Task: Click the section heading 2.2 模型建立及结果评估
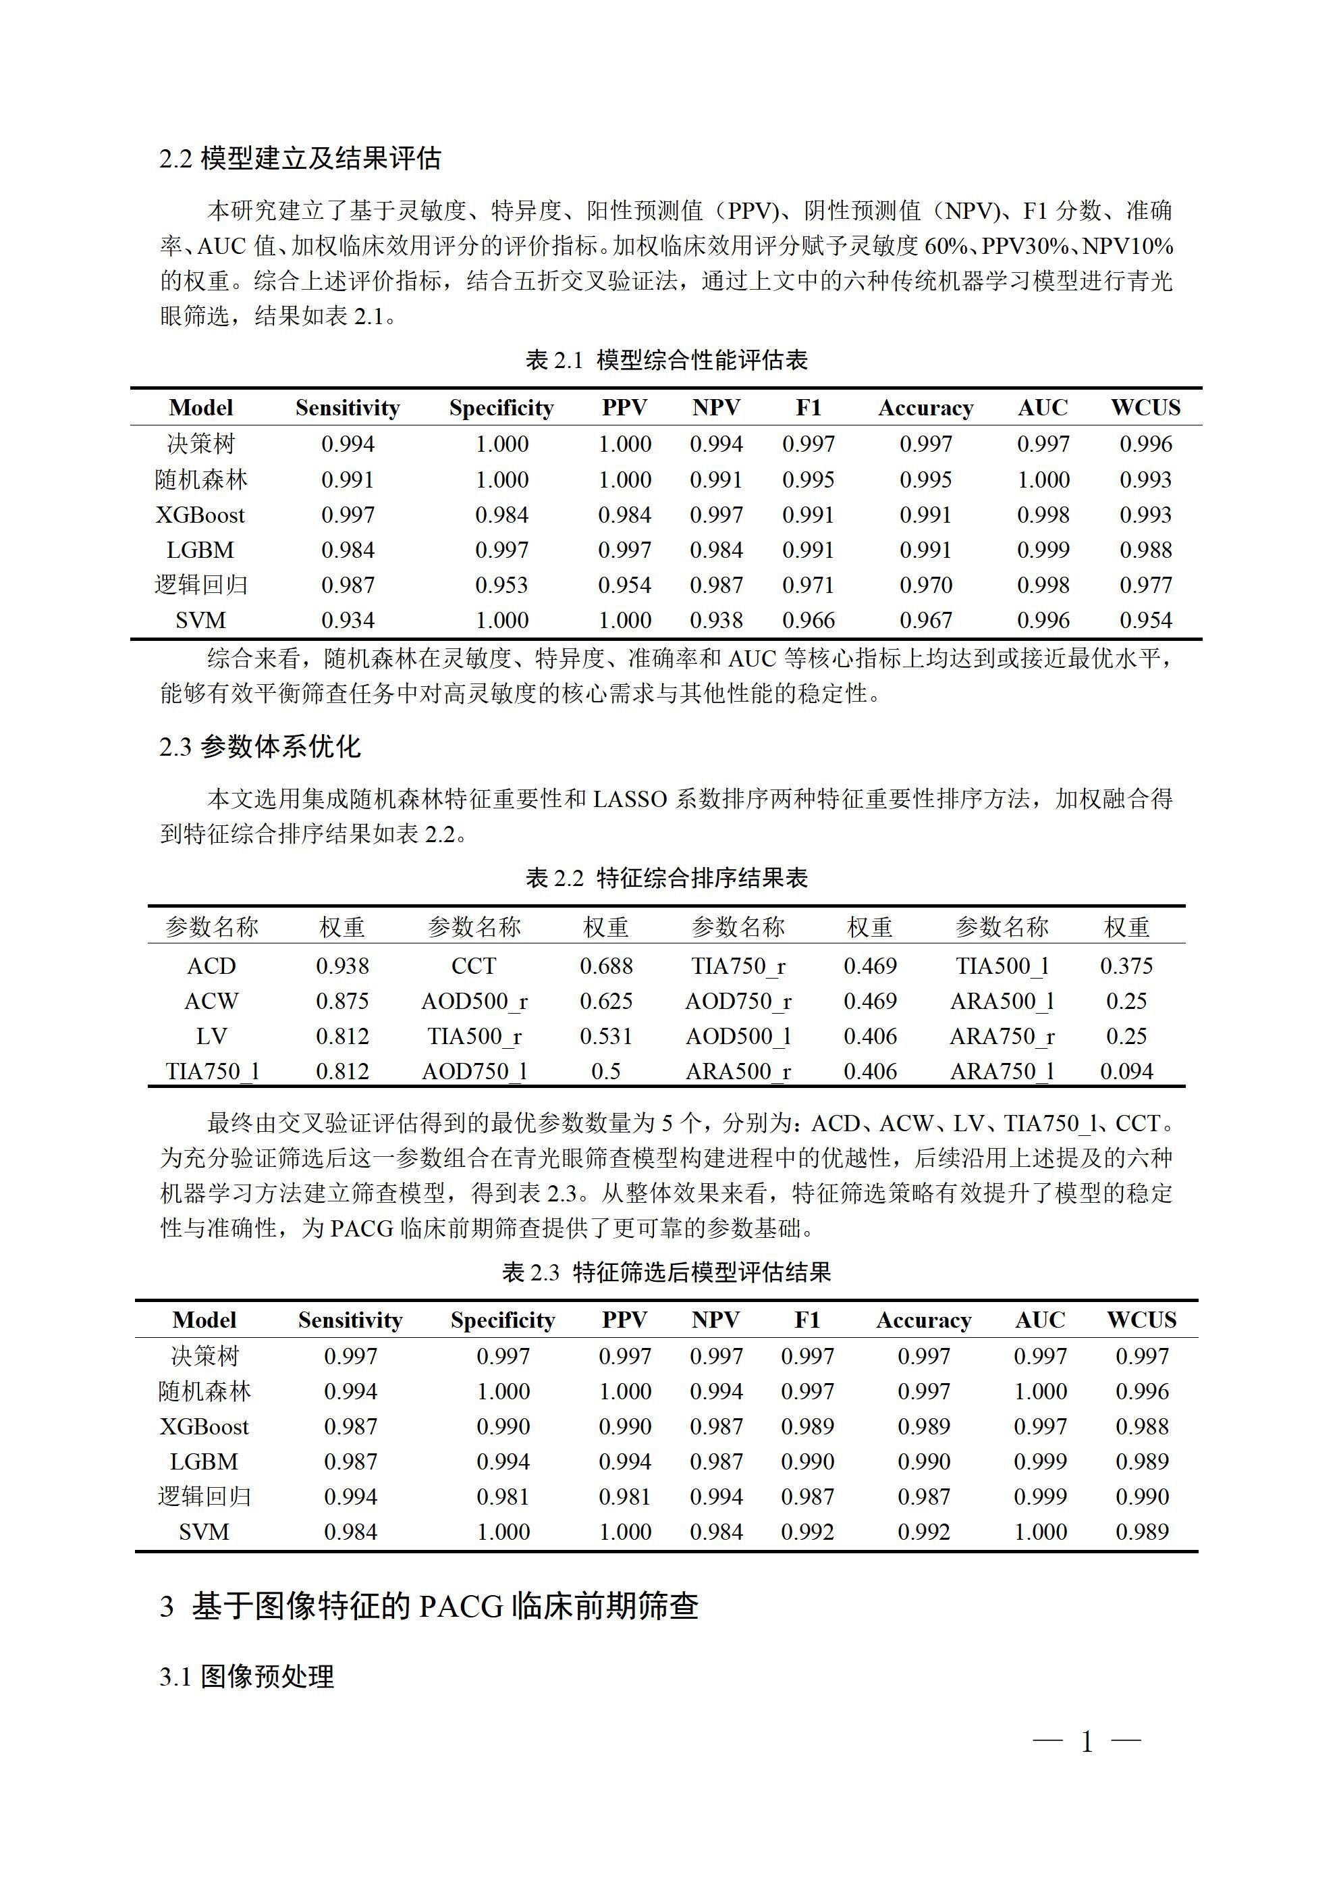[300, 159]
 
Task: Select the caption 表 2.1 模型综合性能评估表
[667, 360]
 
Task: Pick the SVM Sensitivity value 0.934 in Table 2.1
[348, 620]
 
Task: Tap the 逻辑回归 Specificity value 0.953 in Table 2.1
[501, 585]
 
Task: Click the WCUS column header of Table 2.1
[1145, 408]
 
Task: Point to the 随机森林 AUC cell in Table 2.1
[1043, 479]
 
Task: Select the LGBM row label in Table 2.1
[200, 550]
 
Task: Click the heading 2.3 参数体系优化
[260, 747]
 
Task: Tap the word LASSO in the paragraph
[630, 799]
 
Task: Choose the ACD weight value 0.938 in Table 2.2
[342, 966]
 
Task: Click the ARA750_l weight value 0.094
[1126, 1071]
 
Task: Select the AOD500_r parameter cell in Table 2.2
[474, 1001]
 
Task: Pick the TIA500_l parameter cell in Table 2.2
[1002, 966]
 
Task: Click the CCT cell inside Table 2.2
[474, 966]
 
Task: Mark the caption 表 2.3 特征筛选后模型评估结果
[667, 1272]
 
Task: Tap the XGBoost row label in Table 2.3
[204, 1426]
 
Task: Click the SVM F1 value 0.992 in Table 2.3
[807, 1532]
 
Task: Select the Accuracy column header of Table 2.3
[923, 1320]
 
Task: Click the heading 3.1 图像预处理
[247, 1677]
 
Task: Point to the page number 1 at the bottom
[1087, 1742]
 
